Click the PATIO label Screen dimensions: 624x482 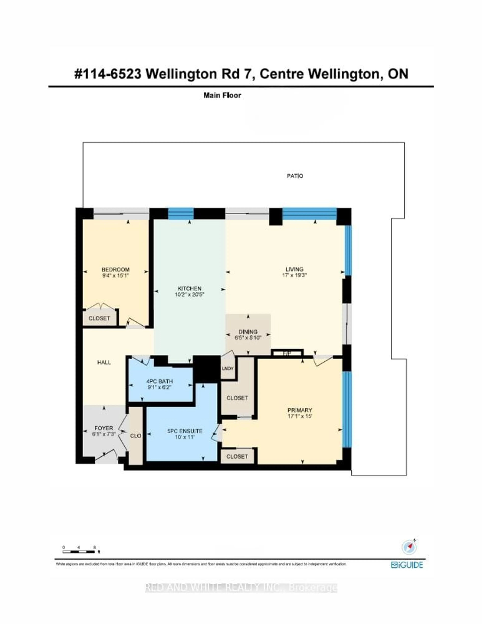[x=295, y=176]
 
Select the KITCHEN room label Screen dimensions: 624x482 [x=190, y=289]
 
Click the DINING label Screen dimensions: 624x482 [x=248, y=332]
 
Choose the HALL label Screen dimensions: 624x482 [x=104, y=362]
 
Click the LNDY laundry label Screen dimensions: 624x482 [x=228, y=369]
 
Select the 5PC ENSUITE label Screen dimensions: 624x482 [x=185, y=431]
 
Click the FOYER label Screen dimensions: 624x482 [x=104, y=428]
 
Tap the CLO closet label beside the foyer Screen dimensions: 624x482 [x=136, y=436]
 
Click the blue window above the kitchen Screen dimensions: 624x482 [x=181, y=213]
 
